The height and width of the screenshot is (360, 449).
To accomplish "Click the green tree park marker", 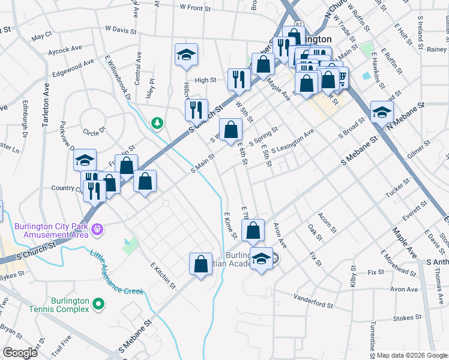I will pyautogui.click(x=157, y=122).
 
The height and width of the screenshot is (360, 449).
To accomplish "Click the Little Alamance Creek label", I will pyautogui.click(x=116, y=273).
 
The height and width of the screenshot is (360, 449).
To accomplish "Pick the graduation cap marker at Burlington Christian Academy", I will pyautogui.click(x=261, y=259).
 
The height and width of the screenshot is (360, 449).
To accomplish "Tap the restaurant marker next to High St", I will pyautogui.click(x=239, y=79).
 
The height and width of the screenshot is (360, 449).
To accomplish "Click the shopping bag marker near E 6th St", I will pyautogui.click(x=231, y=129).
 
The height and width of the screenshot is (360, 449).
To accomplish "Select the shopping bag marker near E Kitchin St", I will pyautogui.click(x=200, y=264).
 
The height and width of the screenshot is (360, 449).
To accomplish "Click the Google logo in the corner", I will pyautogui.click(x=20, y=353).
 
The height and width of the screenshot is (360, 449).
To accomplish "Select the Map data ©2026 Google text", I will pyautogui.click(x=412, y=355).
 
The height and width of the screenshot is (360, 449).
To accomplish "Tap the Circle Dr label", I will pyautogui.click(x=94, y=130).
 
